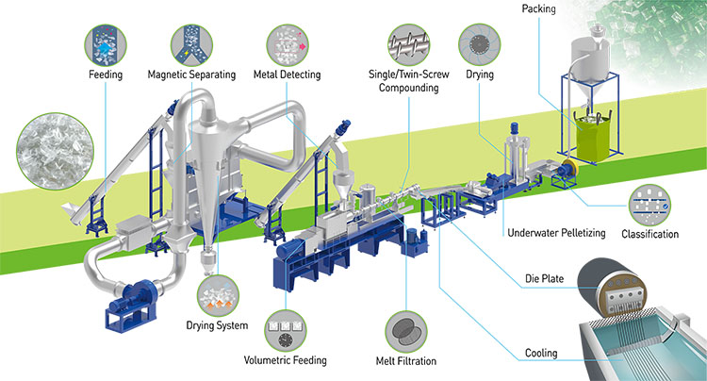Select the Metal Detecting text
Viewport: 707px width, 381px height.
[287, 75]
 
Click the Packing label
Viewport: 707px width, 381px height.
[538, 9]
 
